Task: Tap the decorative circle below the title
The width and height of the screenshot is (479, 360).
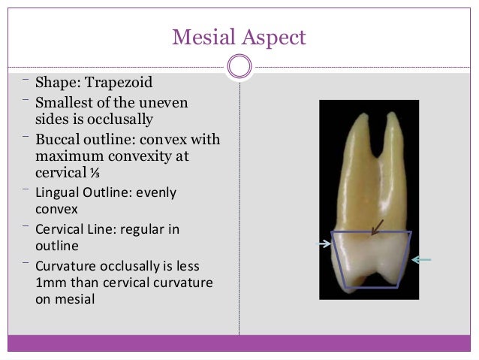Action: point(239,66)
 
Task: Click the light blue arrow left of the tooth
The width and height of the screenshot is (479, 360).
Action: point(324,243)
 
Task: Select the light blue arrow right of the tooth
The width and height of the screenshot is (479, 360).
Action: point(421,259)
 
